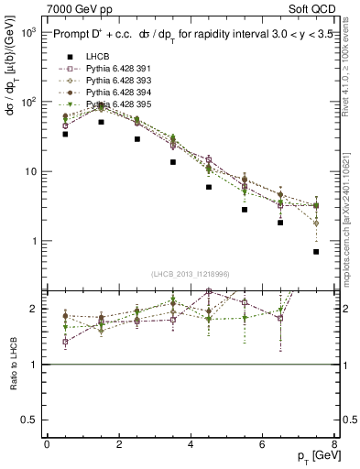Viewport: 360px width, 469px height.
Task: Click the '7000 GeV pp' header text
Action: [80, 9]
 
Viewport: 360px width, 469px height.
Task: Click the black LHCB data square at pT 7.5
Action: [316, 252]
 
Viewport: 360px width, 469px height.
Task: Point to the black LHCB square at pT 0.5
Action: [65, 134]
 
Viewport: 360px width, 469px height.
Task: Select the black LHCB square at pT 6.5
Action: [280, 223]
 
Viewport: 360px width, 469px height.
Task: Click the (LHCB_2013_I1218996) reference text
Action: [191, 274]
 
